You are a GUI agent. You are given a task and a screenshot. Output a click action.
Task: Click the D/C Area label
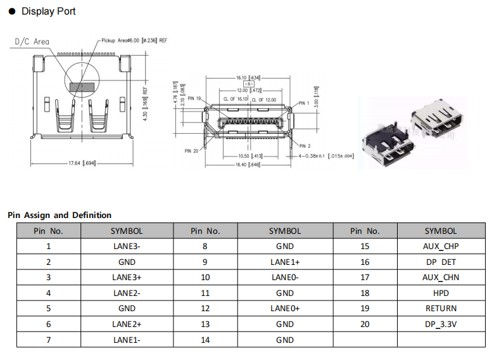click(32, 42)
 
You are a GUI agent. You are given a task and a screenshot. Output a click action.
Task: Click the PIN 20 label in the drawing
click(191, 151)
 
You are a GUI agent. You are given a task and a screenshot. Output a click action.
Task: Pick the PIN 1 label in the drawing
click(303, 103)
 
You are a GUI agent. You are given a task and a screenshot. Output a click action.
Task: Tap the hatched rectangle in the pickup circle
click(82, 84)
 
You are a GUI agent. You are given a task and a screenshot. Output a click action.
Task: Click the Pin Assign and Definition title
click(60, 215)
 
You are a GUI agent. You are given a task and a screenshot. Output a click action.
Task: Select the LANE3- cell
click(127, 247)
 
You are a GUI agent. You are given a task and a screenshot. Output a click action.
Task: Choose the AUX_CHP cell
click(441, 247)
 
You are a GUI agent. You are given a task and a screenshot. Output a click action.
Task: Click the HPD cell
click(441, 293)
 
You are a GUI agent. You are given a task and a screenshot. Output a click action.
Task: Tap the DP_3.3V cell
click(441, 324)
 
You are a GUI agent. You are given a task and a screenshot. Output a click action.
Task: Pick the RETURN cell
click(441, 309)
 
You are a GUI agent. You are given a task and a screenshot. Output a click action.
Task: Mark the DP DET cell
click(441, 262)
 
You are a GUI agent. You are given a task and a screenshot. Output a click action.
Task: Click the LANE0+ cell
click(285, 309)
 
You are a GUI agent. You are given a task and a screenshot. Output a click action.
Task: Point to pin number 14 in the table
click(205, 340)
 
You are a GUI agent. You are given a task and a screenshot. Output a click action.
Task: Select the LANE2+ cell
click(127, 324)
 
